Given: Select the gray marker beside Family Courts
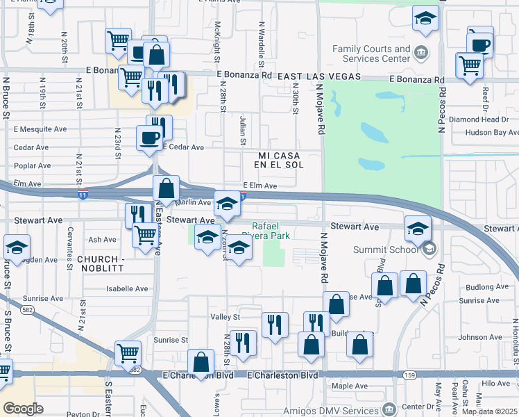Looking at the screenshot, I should pyautogui.click(x=420, y=52).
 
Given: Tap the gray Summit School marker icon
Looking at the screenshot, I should pyautogui.click(x=429, y=248).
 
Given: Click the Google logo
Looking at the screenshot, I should pyautogui.click(x=23, y=409).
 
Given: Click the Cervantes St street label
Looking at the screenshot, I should pyautogui.click(x=70, y=244).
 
